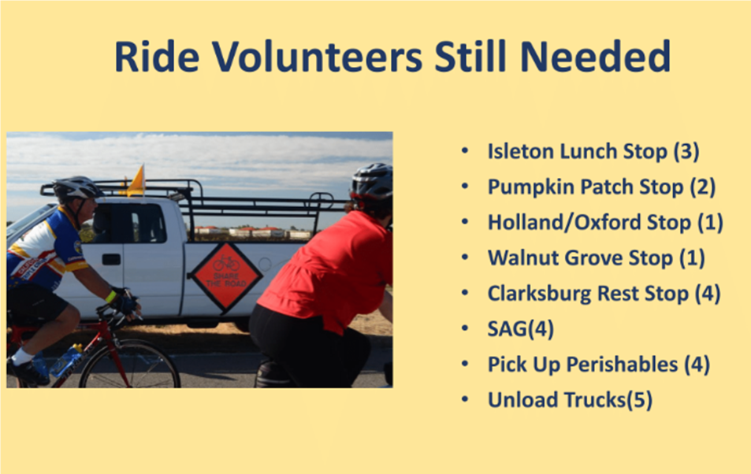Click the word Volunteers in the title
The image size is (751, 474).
(x=317, y=57)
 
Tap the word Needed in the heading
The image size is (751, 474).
(x=595, y=57)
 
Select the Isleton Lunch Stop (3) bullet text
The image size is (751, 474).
(x=593, y=151)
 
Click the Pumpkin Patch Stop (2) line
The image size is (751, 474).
(x=601, y=187)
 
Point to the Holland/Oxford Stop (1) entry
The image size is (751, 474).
(x=605, y=222)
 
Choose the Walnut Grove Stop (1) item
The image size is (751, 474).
(x=597, y=257)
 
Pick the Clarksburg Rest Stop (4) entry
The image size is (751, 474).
(x=604, y=293)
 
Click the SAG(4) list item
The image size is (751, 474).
(x=521, y=328)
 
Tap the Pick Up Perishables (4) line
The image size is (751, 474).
(x=599, y=365)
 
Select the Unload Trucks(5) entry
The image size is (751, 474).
(x=570, y=400)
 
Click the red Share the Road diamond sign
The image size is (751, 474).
(x=225, y=276)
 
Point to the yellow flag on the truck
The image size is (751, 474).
(x=136, y=181)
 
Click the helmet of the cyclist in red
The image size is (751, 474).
(x=372, y=181)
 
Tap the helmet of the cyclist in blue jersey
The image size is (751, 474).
(x=76, y=188)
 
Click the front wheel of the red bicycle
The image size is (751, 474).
(x=129, y=365)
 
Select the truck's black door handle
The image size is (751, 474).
(x=111, y=259)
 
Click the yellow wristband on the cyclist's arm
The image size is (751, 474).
(x=111, y=296)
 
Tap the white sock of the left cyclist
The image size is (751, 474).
(x=21, y=357)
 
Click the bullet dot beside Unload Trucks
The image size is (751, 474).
(x=465, y=399)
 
